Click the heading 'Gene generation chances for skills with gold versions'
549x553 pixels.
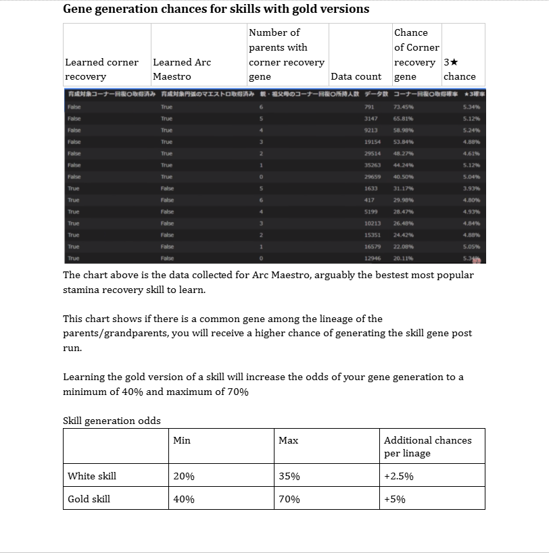click(216, 9)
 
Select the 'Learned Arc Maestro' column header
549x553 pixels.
click(182, 69)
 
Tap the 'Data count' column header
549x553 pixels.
click(356, 76)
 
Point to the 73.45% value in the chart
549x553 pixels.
click(404, 107)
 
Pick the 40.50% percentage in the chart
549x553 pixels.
click(404, 176)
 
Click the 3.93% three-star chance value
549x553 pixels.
click(471, 188)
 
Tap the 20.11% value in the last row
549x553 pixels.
click(404, 258)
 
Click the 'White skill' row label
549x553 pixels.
click(92, 476)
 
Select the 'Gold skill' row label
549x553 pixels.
click(89, 499)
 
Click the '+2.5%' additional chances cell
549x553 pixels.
click(398, 476)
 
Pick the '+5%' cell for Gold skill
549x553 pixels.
click(394, 499)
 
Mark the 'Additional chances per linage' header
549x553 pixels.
click(427, 446)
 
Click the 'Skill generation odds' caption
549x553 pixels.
click(112, 421)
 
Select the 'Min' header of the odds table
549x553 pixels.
click(182, 440)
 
